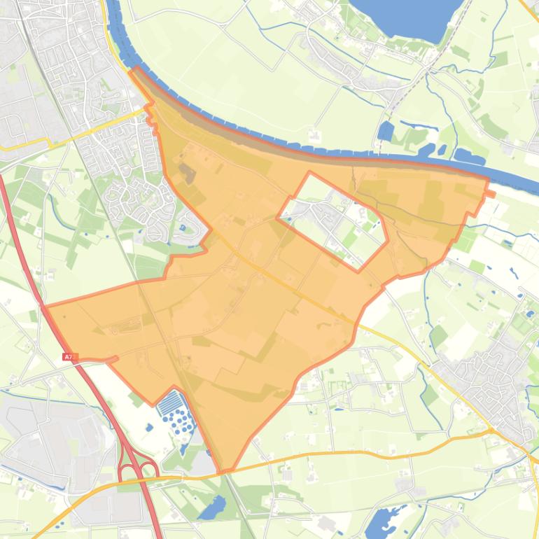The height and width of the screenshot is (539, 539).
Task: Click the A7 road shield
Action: [68, 357]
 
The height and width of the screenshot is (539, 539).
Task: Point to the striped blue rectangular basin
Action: [169, 403]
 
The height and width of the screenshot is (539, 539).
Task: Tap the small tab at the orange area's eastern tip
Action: [491, 193]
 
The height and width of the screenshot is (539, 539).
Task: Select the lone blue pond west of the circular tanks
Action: [148, 427]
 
